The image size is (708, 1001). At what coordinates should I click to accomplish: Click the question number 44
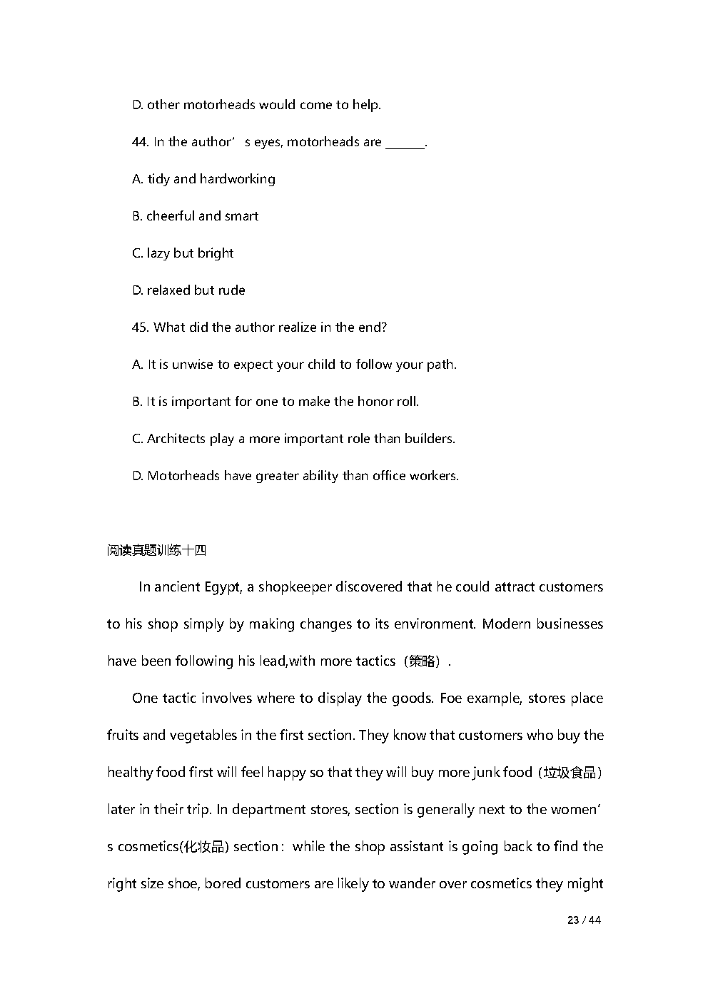pos(140,142)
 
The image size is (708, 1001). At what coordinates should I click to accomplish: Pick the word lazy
pos(158,253)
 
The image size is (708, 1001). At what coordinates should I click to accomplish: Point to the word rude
pos(232,290)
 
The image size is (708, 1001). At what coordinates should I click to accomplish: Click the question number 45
pos(140,327)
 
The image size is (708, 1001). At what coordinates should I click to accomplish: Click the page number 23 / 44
pos(584,920)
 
